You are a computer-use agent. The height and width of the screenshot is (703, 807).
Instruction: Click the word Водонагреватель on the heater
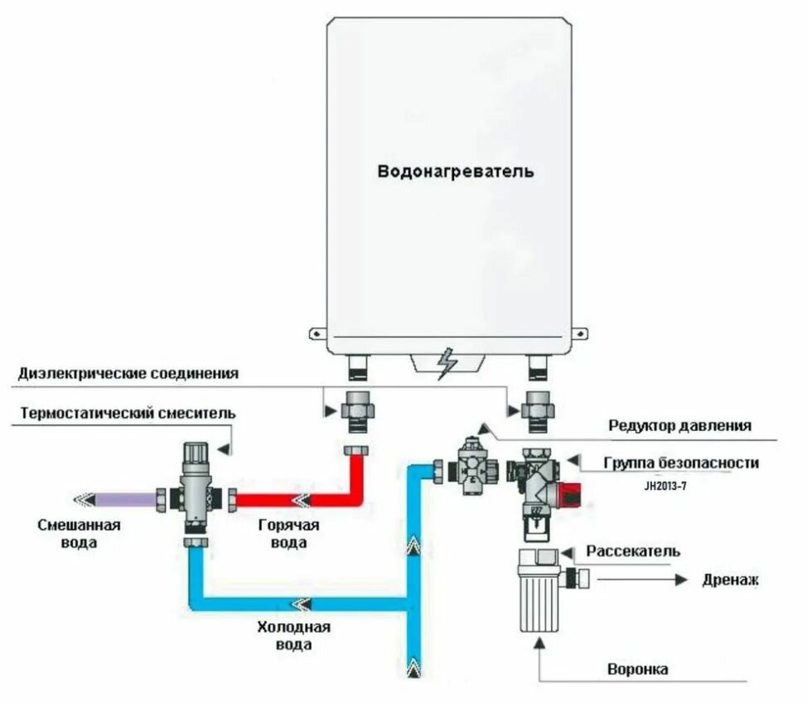click(x=456, y=172)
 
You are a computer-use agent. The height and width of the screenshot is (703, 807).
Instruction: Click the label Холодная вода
click(x=294, y=635)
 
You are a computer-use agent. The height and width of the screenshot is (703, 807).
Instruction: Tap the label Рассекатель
click(x=633, y=551)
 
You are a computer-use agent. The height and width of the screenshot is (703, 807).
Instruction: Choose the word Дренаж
click(x=730, y=579)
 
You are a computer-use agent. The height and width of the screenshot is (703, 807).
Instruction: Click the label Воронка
click(x=637, y=668)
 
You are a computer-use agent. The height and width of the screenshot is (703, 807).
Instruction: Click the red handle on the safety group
click(x=567, y=495)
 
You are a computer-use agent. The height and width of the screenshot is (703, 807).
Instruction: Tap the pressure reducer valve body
click(x=474, y=468)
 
